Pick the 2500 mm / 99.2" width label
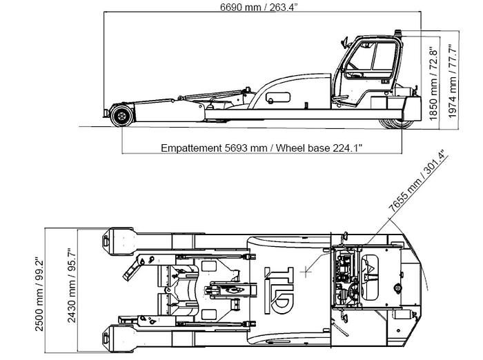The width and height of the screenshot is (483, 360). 39,294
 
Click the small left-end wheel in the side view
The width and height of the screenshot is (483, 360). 121,114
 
